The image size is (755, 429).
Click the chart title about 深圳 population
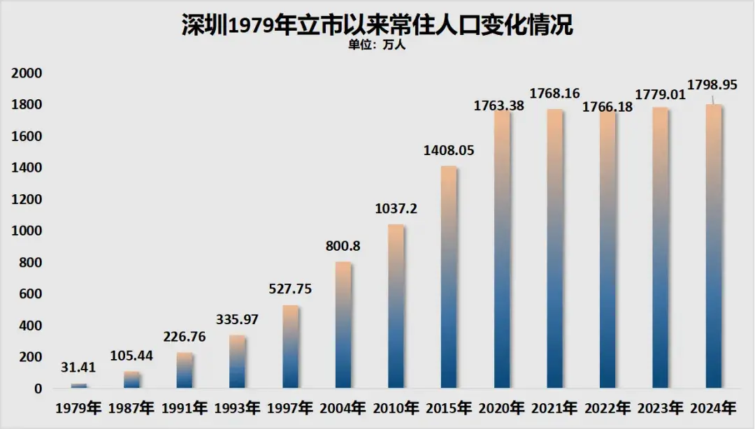(x=377, y=24)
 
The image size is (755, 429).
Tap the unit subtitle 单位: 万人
(x=377, y=45)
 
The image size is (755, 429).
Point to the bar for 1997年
(x=290, y=347)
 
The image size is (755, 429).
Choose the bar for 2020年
(x=502, y=249)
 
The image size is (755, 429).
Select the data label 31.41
(x=79, y=368)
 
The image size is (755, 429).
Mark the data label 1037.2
(x=396, y=208)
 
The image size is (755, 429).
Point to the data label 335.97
(x=238, y=319)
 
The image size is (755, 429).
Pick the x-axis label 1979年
(x=79, y=407)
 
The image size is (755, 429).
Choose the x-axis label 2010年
(x=396, y=407)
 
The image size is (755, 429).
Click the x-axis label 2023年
(x=660, y=407)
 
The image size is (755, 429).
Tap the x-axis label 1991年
(x=185, y=407)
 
